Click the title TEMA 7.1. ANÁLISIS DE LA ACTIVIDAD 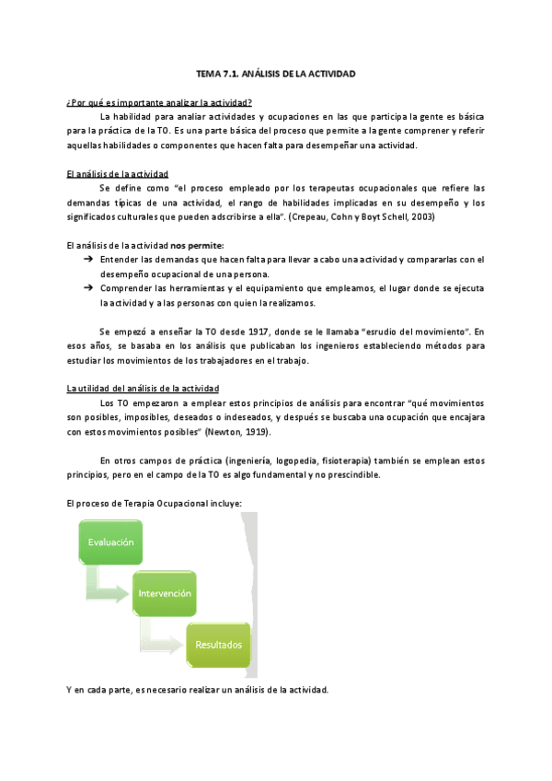coord(276,73)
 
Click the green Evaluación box coord(111,542)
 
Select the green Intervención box coord(166,593)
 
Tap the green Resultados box coord(218,645)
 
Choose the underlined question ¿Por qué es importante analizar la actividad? coord(159,102)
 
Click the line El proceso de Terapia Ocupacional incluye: coord(154,503)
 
